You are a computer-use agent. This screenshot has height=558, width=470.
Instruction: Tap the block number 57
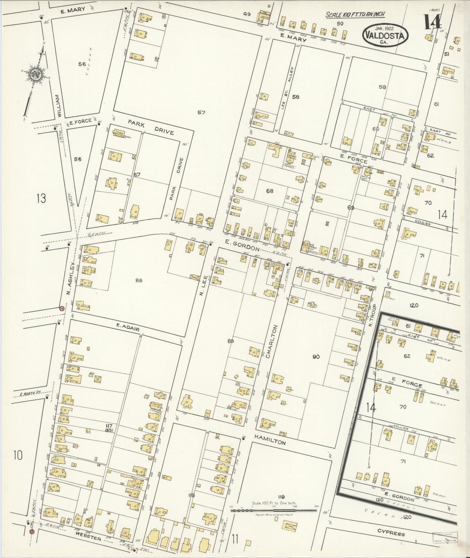coord(201,112)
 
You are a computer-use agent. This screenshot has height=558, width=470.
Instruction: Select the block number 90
coord(316,356)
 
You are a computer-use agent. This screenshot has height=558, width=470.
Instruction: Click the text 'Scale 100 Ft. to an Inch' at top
coord(356,14)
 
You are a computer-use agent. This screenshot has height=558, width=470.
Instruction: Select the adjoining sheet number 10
coord(18,455)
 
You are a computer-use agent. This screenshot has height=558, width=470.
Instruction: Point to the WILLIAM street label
coord(58,105)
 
